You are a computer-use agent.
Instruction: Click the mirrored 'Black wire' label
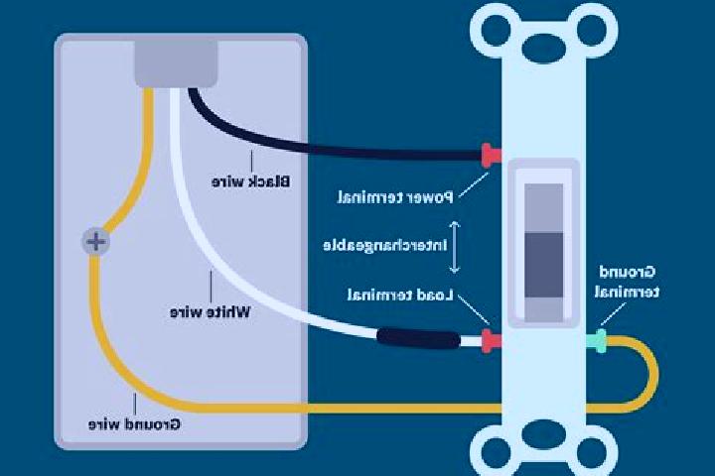point(251,181)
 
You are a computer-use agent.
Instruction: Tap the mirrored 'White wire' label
point(211,312)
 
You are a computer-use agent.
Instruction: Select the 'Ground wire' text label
point(134,424)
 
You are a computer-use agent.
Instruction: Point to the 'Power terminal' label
point(395,197)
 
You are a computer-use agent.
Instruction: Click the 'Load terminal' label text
point(400,296)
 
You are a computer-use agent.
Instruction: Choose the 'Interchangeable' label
point(385,246)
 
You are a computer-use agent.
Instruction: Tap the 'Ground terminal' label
point(627,282)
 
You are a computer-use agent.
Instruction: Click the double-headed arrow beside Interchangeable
point(454,247)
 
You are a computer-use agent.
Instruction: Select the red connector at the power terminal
point(491,156)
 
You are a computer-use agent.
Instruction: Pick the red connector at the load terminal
point(492,341)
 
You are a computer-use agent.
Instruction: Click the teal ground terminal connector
point(596,341)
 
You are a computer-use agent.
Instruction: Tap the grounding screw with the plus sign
point(95,241)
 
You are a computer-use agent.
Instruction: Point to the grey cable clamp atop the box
point(176,63)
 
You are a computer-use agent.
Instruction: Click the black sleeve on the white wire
point(419,338)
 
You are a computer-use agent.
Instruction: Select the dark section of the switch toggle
point(543,266)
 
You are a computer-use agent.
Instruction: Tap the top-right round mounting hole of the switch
point(592,30)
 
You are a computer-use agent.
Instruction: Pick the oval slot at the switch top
point(544,48)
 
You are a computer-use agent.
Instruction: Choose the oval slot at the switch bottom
point(544,433)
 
